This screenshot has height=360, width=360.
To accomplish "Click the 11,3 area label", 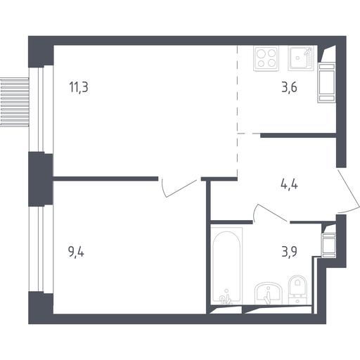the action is click(x=79, y=87).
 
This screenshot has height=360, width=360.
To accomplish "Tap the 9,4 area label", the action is click(x=76, y=252).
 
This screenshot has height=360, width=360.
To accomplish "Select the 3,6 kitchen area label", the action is click(x=290, y=87).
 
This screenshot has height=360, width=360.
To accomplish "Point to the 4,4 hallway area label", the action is click(x=289, y=184).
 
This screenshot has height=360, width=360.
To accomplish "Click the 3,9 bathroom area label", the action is click(x=290, y=252).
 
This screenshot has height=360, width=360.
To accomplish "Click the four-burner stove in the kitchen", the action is click(x=266, y=58).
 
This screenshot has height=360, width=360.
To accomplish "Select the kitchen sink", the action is click(x=301, y=58).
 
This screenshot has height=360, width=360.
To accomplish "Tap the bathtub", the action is click(x=226, y=266).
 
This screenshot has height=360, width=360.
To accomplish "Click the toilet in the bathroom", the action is click(x=297, y=290).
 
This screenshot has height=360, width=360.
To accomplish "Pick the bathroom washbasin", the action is click(x=268, y=293).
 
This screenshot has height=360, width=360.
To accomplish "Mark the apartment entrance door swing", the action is click(x=349, y=191).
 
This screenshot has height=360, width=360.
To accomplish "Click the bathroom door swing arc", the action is click(x=267, y=212).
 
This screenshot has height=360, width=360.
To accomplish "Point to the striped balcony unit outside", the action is click(x=15, y=103).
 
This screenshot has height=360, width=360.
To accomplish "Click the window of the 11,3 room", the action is click(x=41, y=109).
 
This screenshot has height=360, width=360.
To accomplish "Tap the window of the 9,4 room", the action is click(x=41, y=250).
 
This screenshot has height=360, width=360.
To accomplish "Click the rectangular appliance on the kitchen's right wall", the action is click(x=326, y=83).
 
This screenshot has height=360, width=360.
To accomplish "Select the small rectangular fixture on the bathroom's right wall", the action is click(x=328, y=245).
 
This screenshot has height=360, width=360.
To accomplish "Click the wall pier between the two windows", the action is click(x=41, y=179).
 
